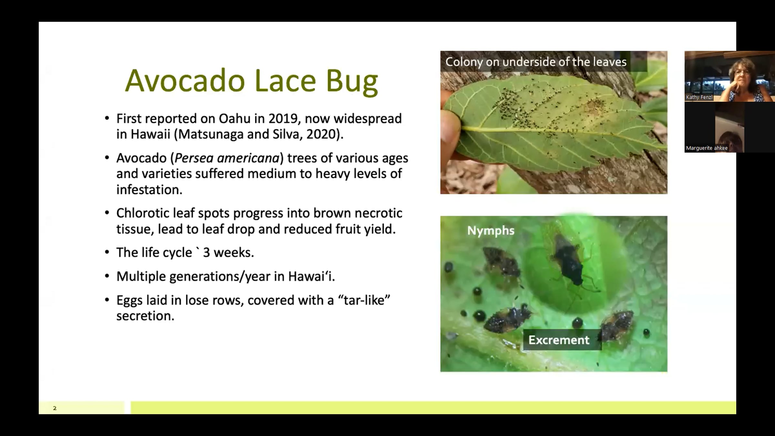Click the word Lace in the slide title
tap(285, 80)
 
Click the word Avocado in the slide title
tap(185, 80)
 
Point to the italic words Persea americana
tap(227, 158)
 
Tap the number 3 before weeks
tap(206, 253)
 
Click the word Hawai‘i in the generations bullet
tap(311, 276)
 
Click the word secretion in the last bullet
tap(145, 316)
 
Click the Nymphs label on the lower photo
tap(491, 231)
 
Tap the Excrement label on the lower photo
tap(559, 340)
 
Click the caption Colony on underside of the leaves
tap(536, 62)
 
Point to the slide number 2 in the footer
tap(55, 408)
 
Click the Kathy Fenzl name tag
tap(699, 97)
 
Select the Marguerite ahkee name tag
tap(707, 148)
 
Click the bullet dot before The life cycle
tap(107, 253)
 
